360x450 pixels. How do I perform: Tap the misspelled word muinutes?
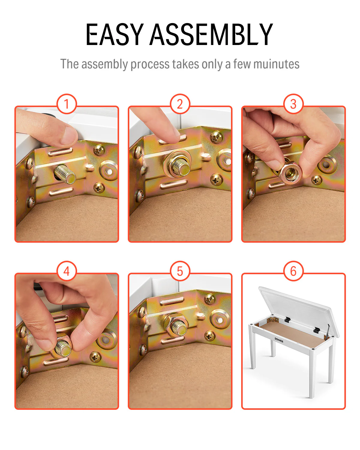pos(276,64)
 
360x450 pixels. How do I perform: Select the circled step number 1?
pos(67,104)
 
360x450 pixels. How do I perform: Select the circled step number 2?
pos(180,104)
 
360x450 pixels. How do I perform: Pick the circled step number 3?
pos(293,104)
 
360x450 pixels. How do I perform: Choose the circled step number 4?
pos(67,271)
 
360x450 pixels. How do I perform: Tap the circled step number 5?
pos(180,271)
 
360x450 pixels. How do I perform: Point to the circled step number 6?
pos(293,271)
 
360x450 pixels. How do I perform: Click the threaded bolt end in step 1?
pos(65,174)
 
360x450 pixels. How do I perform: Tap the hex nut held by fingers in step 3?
pos(290,173)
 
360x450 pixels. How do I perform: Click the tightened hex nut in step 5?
pos(176,325)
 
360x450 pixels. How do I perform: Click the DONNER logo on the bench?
pos(279,340)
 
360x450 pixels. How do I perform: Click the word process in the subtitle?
pos(150,64)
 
